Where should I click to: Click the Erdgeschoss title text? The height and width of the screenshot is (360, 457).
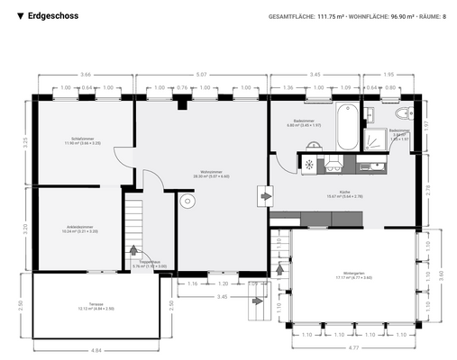(x=52, y=16)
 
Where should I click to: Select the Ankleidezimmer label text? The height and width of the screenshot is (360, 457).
(x=80, y=228)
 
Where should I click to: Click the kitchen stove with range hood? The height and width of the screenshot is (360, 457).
(x=334, y=163)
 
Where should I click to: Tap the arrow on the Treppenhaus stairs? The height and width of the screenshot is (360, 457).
(x=134, y=252)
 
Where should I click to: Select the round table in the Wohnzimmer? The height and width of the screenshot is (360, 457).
(x=187, y=202)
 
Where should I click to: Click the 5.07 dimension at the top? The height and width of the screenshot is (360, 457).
(x=200, y=74)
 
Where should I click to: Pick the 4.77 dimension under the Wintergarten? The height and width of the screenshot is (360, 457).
(x=353, y=346)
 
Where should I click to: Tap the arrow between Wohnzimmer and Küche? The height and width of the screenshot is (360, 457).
(x=263, y=193)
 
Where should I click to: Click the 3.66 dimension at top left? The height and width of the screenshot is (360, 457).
(x=85, y=74)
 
